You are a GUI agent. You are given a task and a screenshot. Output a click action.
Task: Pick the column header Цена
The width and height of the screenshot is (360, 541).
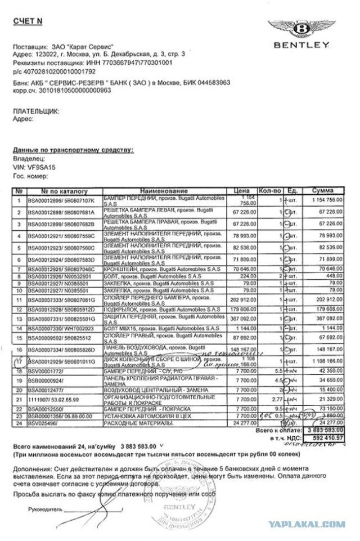[242, 191]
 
